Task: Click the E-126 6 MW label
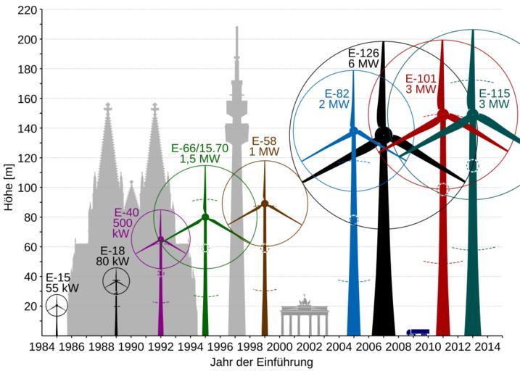[x=363, y=59]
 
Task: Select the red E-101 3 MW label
[x=421, y=84]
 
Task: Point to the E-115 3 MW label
[x=494, y=99]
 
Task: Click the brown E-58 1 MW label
[x=265, y=146]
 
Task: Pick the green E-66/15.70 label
[x=200, y=154]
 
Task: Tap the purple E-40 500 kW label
[x=126, y=224]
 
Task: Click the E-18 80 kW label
[x=112, y=256]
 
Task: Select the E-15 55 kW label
[x=62, y=283]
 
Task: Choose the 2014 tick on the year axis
[x=487, y=346]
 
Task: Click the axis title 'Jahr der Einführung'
[x=262, y=362]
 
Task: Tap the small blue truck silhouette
[x=418, y=332]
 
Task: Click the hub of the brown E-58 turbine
[x=265, y=204]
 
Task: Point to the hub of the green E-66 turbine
[x=205, y=217]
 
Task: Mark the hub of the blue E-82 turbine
[x=354, y=130]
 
